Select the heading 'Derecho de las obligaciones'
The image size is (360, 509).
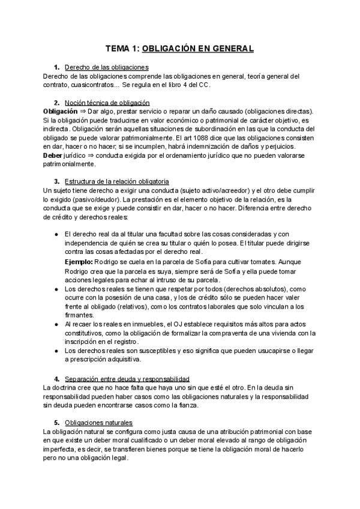106,67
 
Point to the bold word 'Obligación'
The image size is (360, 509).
61,112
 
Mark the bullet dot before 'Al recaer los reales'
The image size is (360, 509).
56,324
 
